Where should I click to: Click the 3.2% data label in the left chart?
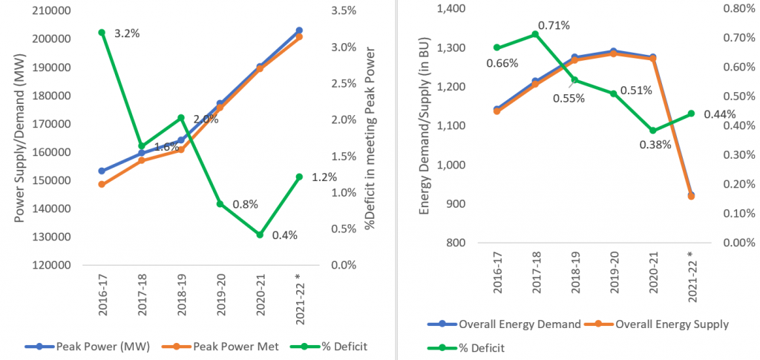[127, 34]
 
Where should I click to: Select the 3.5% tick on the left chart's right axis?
[332, 10]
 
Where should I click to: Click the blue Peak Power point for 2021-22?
[299, 30]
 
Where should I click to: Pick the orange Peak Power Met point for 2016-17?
[102, 184]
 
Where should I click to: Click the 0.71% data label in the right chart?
[554, 25]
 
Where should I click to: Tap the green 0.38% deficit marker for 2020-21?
[651, 131]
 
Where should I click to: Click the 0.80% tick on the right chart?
[730, 9]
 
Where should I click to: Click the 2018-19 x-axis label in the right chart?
[576, 275]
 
